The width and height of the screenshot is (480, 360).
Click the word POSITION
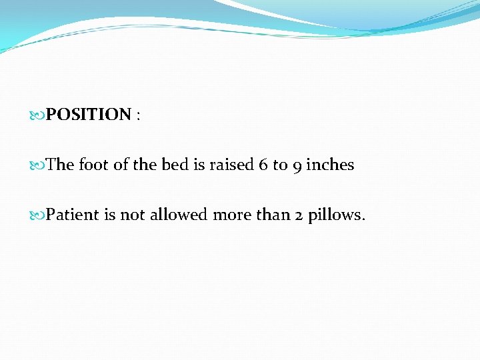pos(89,115)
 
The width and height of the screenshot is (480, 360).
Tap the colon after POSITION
pos(138,116)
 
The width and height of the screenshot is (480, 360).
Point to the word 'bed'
pos(175,165)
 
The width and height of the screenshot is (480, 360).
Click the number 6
pos(263,165)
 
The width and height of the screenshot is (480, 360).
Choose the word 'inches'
pos(330,165)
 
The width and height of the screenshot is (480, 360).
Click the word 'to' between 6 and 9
pos(279,165)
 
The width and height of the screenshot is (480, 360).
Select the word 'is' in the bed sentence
pos(199,165)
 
